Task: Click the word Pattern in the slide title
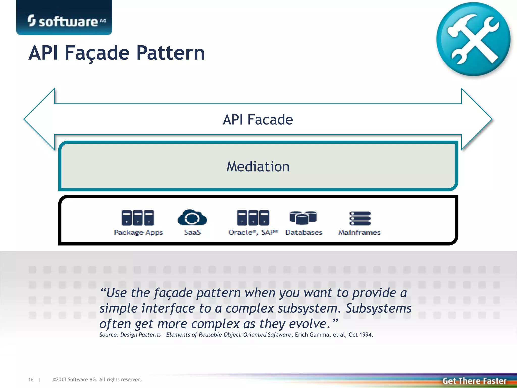(170, 53)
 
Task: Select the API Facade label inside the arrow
(258, 119)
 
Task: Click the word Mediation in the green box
(258, 167)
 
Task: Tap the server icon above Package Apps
(138, 217)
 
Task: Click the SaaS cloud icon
(192, 217)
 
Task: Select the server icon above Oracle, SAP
(253, 217)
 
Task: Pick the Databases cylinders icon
(303, 217)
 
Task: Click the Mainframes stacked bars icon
(360, 218)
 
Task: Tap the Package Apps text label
(138, 232)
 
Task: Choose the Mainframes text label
(359, 232)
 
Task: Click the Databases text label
(304, 232)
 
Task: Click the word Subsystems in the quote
(378, 308)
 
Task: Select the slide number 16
(31, 380)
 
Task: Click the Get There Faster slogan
(474, 381)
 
